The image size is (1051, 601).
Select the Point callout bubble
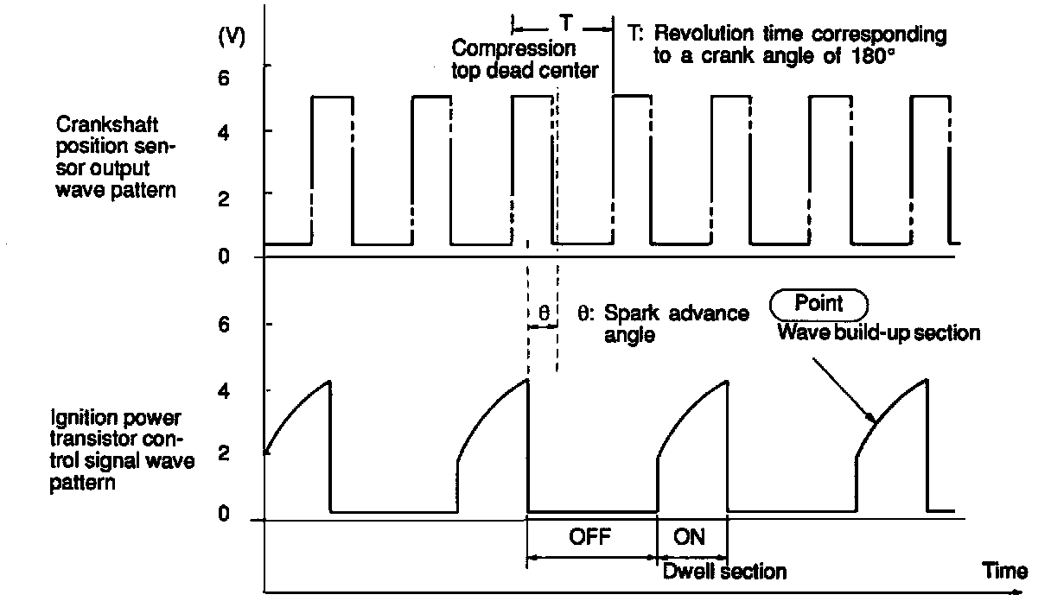pos(818,305)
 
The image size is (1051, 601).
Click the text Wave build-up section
pos(878,332)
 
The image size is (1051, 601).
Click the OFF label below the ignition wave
pos(590,536)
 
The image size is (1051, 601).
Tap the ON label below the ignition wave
pos(689,536)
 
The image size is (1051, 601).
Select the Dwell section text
pos(724,571)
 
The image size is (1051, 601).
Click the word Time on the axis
pos(1005,571)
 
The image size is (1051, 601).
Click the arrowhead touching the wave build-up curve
pos(874,421)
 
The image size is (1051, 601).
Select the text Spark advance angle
pos(664,323)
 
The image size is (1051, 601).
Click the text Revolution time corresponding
pos(799,35)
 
